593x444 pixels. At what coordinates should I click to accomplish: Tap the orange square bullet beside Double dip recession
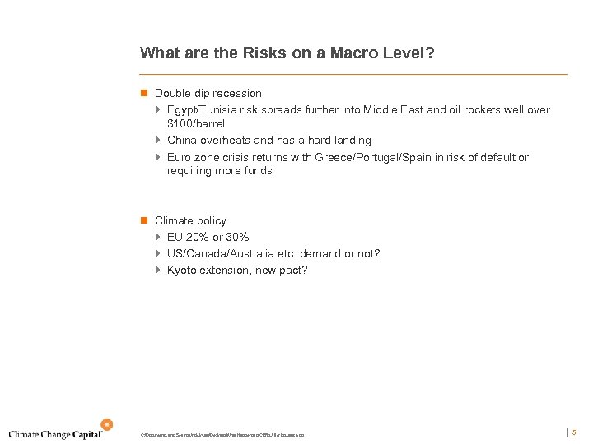pos(143,94)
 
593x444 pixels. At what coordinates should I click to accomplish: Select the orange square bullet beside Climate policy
pos(143,221)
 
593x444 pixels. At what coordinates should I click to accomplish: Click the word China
pos(182,141)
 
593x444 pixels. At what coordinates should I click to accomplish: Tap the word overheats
pos(226,141)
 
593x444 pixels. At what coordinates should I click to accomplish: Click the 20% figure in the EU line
pos(198,237)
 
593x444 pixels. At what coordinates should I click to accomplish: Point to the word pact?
pos(292,271)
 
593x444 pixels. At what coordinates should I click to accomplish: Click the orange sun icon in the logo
pos(106,424)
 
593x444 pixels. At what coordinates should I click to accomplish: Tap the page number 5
pos(574,432)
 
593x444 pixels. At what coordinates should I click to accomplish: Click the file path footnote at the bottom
pos(222,434)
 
